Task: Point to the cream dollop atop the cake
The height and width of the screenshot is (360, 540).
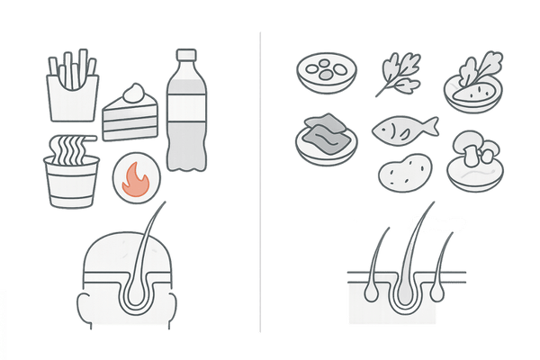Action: tap(135, 92)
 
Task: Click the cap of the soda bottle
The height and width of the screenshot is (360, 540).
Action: tap(184, 55)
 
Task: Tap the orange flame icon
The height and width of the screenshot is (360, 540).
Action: tap(138, 176)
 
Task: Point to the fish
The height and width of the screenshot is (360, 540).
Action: tap(403, 128)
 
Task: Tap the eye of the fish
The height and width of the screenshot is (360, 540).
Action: tap(385, 126)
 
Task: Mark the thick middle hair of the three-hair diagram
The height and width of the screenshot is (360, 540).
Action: tap(407, 261)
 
